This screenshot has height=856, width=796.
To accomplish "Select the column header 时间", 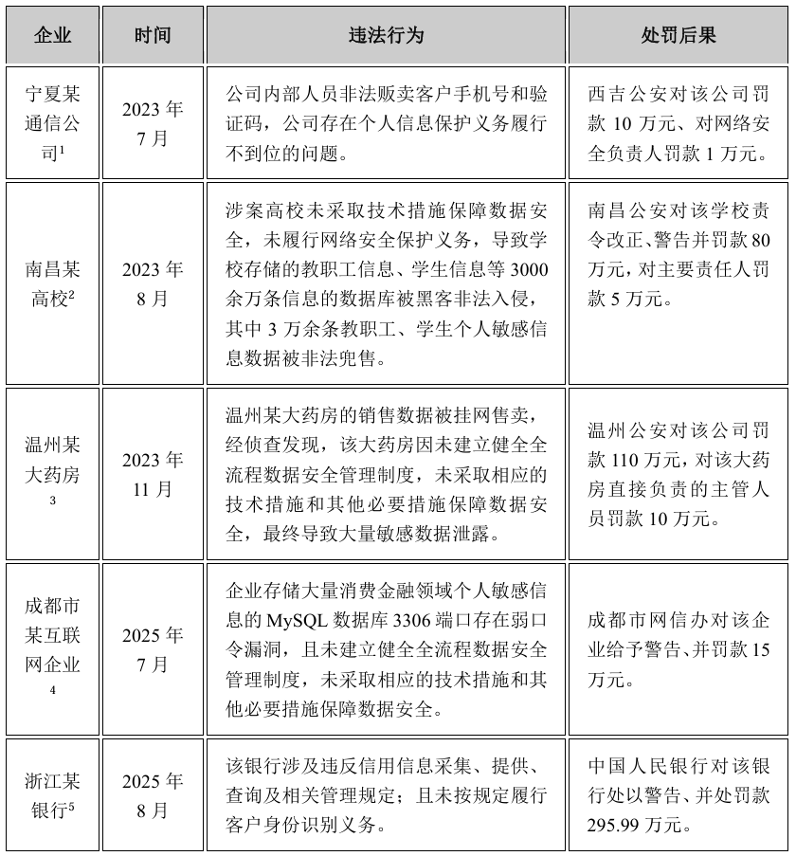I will pyautogui.click(x=153, y=36).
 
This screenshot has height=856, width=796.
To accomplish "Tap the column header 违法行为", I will pyautogui.click(x=386, y=36).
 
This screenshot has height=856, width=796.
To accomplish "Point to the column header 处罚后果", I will pyautogui.click(x=678, y=36).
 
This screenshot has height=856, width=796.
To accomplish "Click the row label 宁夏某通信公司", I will pyautogui.click(x=52, y=123).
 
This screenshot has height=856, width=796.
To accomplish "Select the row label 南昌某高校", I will pyautogui.click(x=52, y=284).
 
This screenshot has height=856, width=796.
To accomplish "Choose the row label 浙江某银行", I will pyautogui.click(x=52, y=795).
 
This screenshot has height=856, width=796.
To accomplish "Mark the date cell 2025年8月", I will pyautogui.click(x=153, y=795).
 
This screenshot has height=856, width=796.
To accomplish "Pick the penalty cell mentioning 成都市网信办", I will pyautogui.click(x=678, y=649).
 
